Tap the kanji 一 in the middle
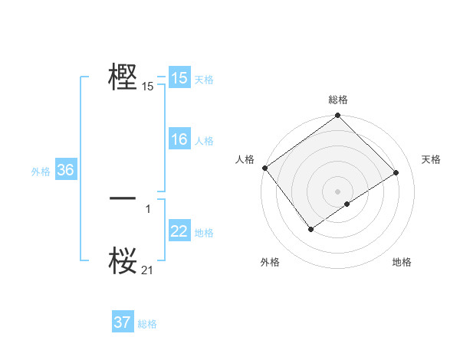coord(123,198)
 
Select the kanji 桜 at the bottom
coord(123,260)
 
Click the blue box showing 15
coord(179,78)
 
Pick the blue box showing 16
coord(179,139)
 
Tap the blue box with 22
coord(179,231)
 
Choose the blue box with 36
coord(65,170)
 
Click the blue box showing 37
coord(123,322)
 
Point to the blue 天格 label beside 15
coord(204,80)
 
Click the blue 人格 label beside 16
coord(204,141)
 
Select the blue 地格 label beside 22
coord(204,233)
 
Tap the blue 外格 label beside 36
coord(41,172)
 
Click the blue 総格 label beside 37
coord(147,324)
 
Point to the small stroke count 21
coord(148,270)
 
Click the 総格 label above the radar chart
coord(338,100)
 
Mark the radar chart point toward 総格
coord(338,116)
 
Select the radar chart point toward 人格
coord(264,168)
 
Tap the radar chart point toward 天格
coord(397,172)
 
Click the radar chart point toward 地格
coord(347,204)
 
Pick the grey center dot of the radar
coord(338,191)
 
